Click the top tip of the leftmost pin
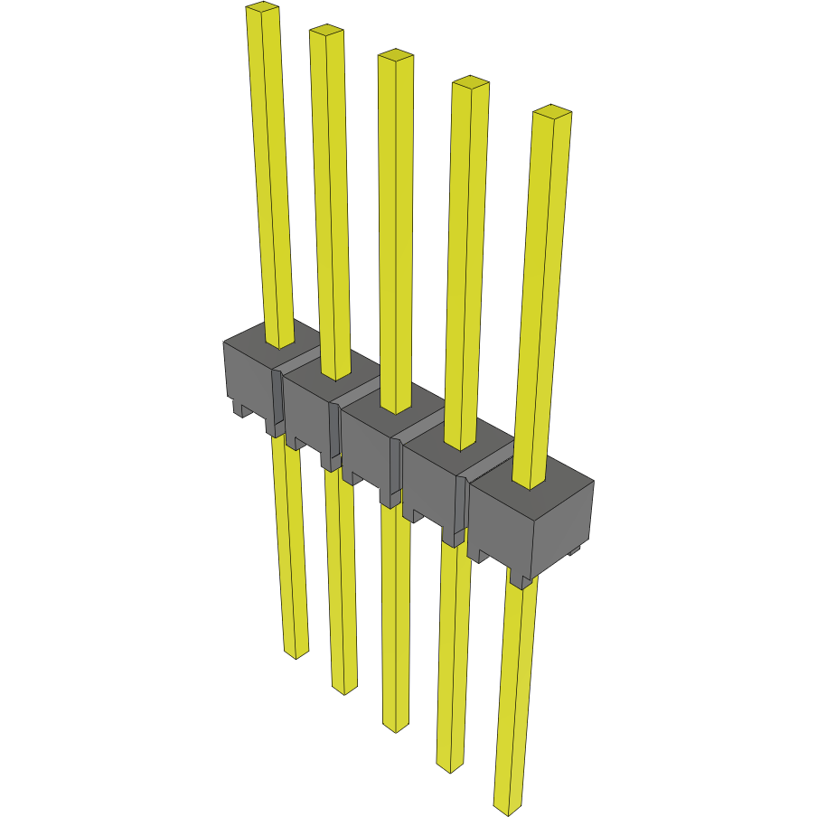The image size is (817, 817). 261,9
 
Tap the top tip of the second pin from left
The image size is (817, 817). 326,32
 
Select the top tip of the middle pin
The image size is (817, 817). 395,57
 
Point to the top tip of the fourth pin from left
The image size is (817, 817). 470,83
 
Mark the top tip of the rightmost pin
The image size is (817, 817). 551,112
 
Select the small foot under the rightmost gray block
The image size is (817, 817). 520,578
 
